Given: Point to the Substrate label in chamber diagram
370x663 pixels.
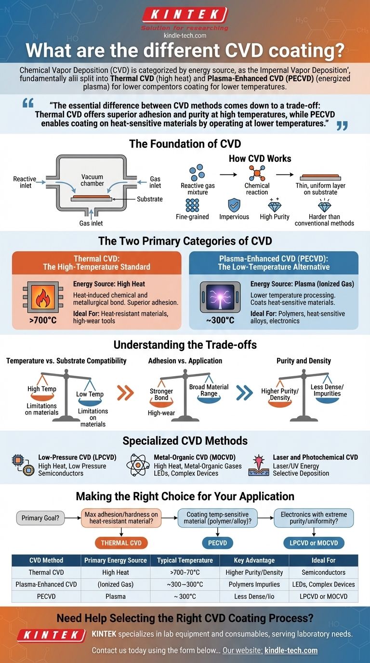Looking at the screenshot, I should click(x=149, y=199).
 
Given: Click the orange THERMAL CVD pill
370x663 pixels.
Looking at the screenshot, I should click(x=122, y=543).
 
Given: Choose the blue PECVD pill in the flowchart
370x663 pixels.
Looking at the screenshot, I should click(x=220, y=543).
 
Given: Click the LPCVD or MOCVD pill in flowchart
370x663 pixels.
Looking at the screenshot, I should click(x=314, y=543).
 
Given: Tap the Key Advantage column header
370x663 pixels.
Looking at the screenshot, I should click(x=254, y=560).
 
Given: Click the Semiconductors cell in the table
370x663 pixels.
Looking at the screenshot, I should click(x=323, y=572).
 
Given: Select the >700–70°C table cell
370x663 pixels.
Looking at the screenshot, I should click(x=185, y=572).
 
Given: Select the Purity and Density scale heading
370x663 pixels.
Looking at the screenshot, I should click(x=304, y=360).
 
